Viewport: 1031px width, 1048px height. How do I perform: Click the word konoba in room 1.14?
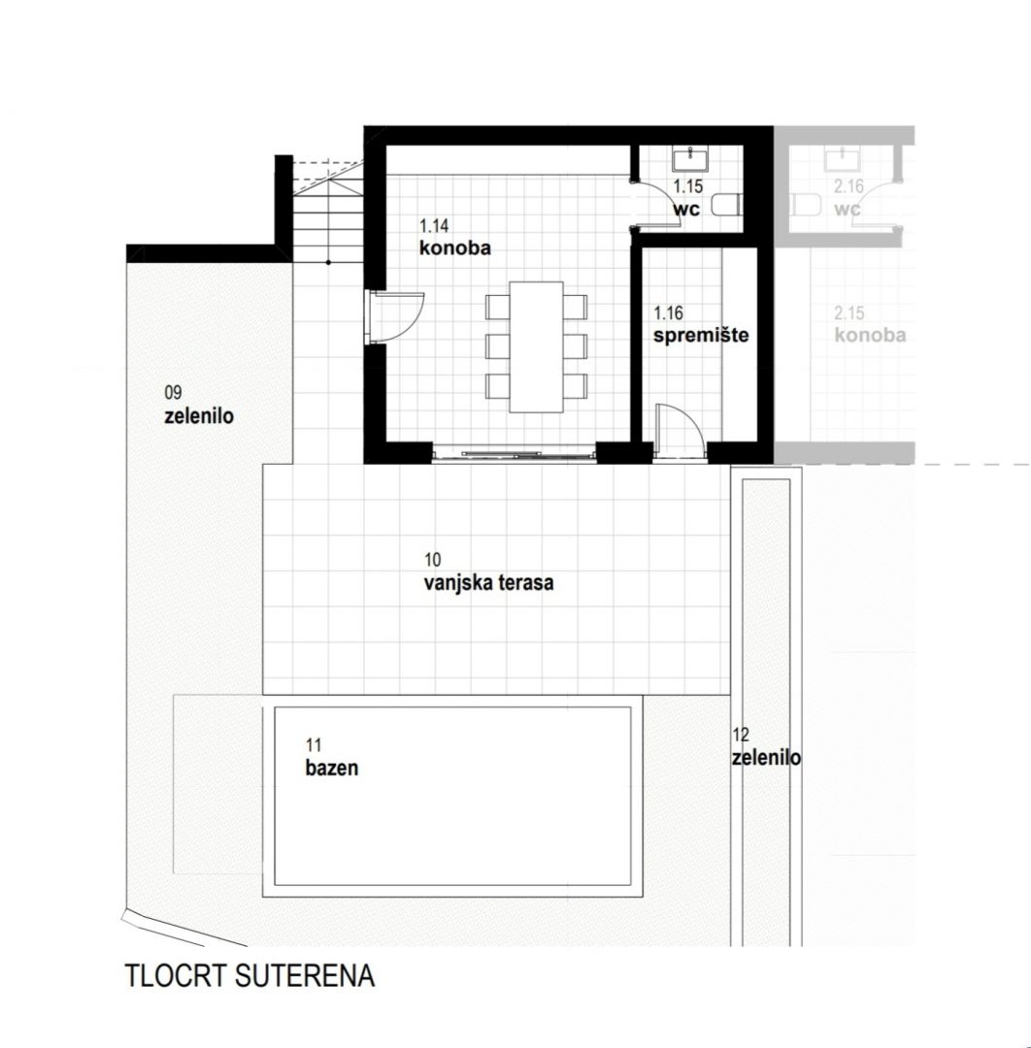pyautogui.click(x=454, y=248)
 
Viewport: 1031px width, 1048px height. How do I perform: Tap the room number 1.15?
pyautogui.click(x=687, y=186)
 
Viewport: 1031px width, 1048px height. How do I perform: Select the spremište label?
pyautogui.click(x=701, y=335)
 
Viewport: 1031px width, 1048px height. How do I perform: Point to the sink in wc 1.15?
pyautogui.click(x=690, y=160)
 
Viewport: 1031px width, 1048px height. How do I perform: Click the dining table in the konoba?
pyautogui.click(x=536, y=346)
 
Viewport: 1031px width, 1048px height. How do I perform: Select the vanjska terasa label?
pyautogui.click(x=488, y=583)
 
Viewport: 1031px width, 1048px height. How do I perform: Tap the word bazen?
pyautogui.click(x=332, y=768)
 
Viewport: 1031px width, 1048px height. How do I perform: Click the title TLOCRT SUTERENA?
pyautogui.click(x=249, y=976)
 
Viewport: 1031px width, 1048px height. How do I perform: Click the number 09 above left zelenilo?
pyautogui.click(x=173, y=392)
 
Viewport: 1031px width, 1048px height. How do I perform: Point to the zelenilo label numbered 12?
pyautogui.click(x=766, y=759)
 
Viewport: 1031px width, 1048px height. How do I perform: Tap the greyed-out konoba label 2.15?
pyautogui.click(x=870, y=335)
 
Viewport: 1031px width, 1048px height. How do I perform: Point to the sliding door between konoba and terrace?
pyautogui.click(x=514, y=454)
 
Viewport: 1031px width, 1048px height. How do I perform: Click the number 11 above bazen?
pyautogui.click(x=314, y=744)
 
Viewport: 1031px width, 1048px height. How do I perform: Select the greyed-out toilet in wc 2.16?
pyautogui.click(x=806, y=205)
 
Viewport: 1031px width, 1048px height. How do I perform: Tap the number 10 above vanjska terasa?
pyautogui.click(x=433, y=560)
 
